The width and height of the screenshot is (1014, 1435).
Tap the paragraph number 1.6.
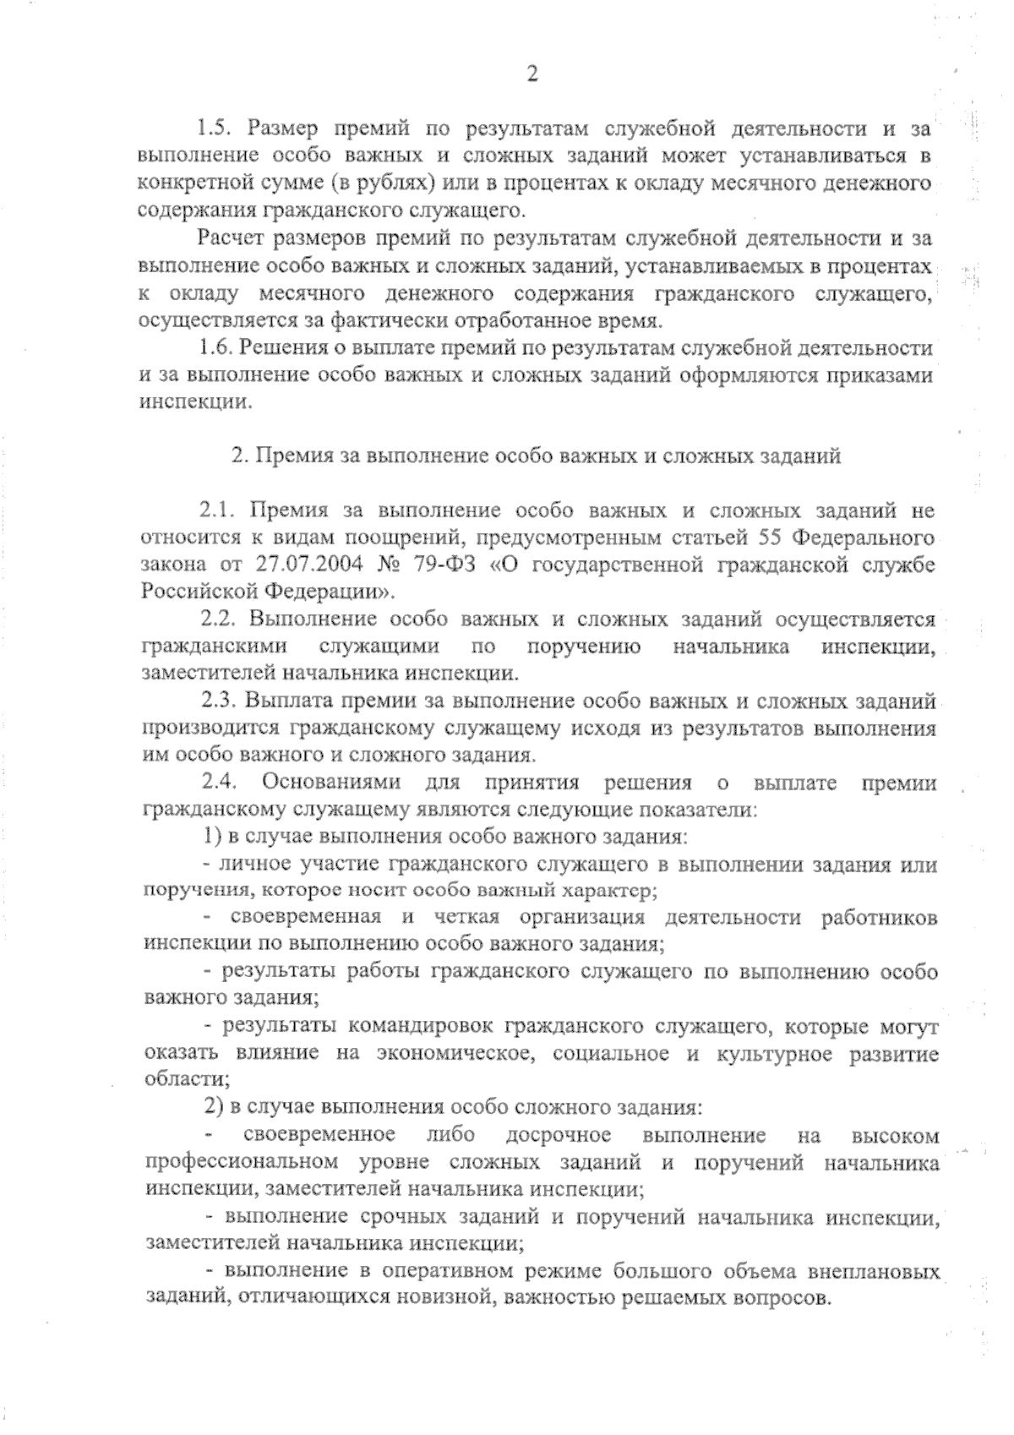[214, 347]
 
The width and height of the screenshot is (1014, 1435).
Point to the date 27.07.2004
[306, 565]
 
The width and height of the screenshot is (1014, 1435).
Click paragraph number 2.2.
[216, 619]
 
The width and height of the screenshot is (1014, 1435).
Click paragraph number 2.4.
[216, 783]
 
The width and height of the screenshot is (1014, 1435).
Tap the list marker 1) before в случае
[213, 837]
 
